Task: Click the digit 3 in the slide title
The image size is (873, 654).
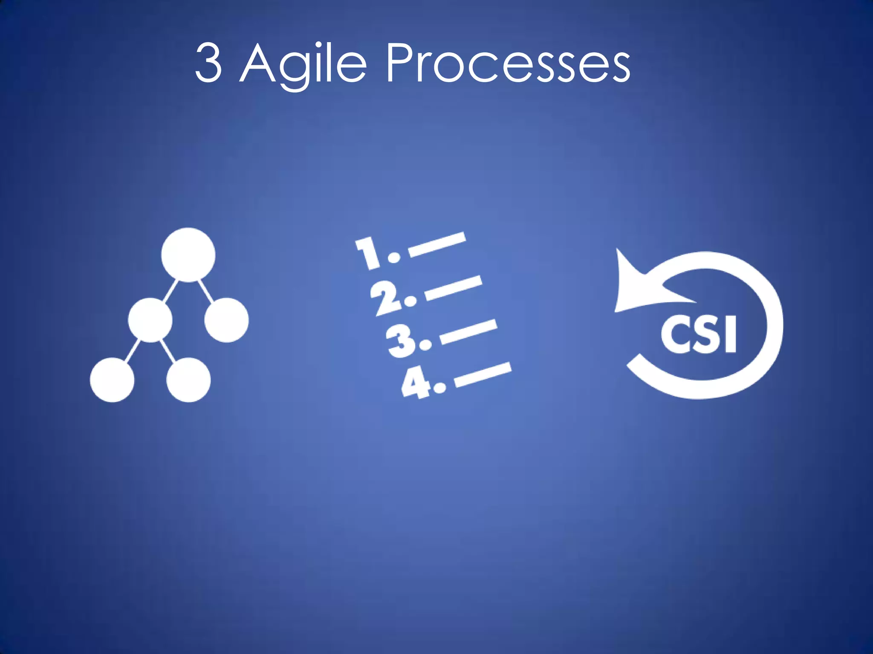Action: pos(208,63)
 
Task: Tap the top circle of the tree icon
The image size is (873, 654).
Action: pos(188,255)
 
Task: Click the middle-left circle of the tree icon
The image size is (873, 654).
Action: pos(150,320)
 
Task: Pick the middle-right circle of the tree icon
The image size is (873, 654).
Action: pos(226,320)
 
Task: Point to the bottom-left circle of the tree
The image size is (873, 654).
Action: pos(112,380)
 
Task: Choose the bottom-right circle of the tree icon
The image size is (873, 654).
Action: pos(188,380)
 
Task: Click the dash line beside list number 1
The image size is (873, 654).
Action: pos(437,244)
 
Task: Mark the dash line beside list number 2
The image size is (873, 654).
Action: pos(454,288)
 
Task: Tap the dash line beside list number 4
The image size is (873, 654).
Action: pos(483,375)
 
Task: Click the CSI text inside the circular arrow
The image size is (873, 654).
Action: pos(699,334)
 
